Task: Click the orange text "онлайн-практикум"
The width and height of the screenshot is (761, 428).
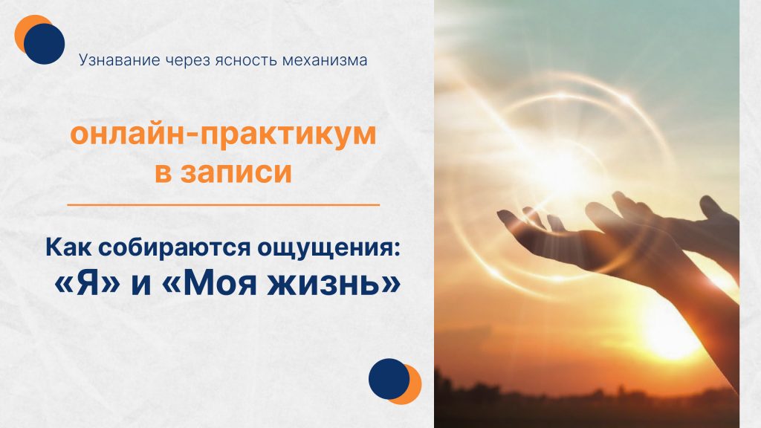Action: click(x=223, y=137)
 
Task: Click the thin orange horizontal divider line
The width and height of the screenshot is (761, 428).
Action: click(x=223, y=204)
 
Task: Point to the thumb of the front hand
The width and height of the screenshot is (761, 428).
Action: click(x=513, y=218)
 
